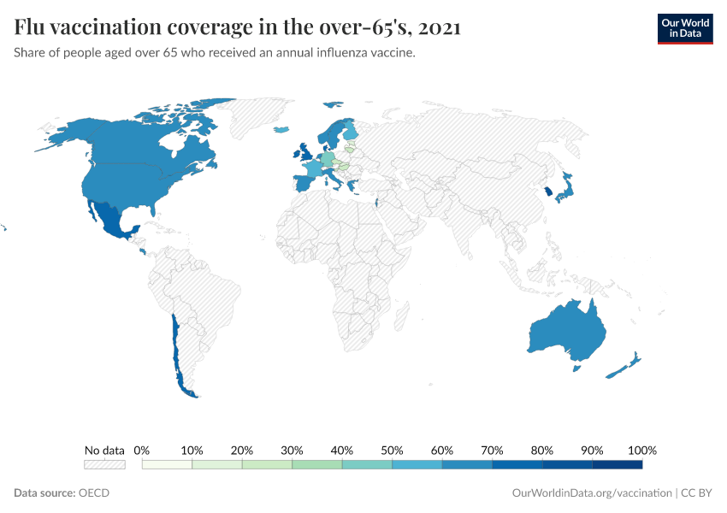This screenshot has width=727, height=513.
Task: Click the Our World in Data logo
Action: tap(684, 28)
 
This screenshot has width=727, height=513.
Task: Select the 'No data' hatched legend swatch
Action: tap(104, 465)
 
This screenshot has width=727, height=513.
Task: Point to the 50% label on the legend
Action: tap(392, 451)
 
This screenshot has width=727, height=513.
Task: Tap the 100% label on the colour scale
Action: tap(641, 451)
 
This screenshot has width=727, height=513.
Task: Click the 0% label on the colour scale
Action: tap(142, 451)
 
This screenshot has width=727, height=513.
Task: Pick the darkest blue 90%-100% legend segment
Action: tap(617, 465)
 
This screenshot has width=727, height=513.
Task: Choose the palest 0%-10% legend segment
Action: tap(167, 465)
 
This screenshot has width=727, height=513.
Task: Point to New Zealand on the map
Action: tap(625, 365)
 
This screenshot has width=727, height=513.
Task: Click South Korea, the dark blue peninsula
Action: tap(547, 192)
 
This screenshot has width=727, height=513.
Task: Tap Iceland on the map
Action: tap(281, 130)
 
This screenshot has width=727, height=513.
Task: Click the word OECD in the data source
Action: tap(94, 493)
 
